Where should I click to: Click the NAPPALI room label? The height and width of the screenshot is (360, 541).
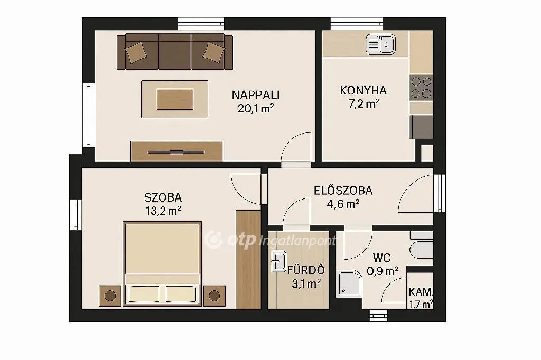coord(256,95)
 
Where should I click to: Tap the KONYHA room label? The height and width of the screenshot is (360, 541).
coord(363,90)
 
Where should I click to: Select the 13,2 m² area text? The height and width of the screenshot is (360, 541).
coord(163,211)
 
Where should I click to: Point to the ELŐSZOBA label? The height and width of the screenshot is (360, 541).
coord(343,191)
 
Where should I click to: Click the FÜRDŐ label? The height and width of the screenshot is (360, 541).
coord(306,271)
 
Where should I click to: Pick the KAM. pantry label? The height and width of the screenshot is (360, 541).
coord(421,292)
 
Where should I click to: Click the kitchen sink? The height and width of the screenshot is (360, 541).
coord(380,43)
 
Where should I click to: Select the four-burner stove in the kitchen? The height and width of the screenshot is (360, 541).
coord(421,88)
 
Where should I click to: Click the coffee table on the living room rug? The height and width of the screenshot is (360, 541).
coord(175,99)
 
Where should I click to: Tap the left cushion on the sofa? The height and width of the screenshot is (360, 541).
coord(136,52)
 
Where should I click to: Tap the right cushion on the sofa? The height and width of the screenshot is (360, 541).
coord(213,52)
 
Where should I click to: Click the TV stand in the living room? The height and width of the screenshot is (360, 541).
coord(176,151)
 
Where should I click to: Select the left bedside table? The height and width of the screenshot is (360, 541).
coord(110,295)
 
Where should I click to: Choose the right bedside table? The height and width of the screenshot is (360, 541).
coord(214,295)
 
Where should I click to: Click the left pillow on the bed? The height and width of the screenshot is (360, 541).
coord(145,293)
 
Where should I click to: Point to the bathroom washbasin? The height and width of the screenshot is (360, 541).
coord(278,261)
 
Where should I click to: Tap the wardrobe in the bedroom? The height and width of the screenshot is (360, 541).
coord(248,259)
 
